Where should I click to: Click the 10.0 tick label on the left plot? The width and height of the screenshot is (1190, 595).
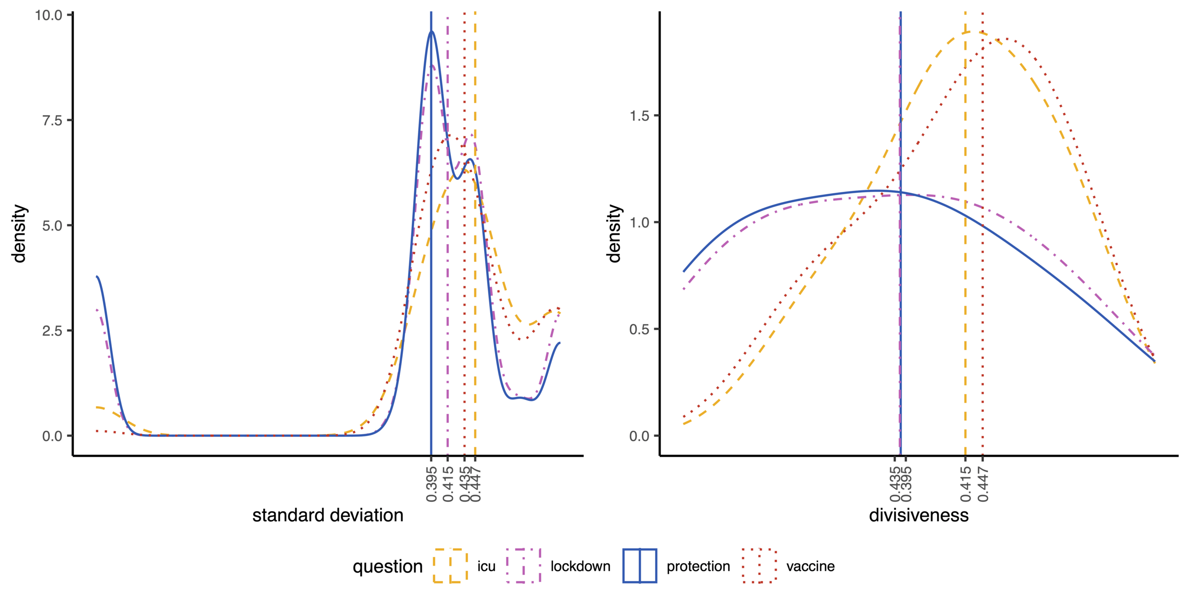(49, 15)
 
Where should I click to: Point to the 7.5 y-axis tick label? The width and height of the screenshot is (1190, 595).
(52, 120)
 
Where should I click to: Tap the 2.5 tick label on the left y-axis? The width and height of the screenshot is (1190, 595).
(52, 331)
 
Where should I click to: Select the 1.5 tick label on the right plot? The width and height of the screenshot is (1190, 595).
(640, 116)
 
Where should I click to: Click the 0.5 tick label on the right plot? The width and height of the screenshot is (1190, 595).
(640, 329)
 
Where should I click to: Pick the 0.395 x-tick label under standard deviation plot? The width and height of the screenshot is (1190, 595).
(432, 485)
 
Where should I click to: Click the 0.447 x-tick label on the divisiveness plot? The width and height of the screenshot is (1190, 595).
(983, 485)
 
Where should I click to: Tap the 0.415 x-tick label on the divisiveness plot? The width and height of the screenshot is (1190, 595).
(965, 485)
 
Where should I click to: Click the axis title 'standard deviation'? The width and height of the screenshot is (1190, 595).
(327, 516)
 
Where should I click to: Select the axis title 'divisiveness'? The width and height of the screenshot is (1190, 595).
(919, 516)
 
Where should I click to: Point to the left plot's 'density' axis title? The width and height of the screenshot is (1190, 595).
(19, 233)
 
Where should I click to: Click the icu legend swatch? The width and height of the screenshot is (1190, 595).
(450, 566)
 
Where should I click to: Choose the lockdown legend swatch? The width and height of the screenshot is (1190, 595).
(524, 566)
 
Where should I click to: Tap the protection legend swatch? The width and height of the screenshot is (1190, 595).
(640, 566)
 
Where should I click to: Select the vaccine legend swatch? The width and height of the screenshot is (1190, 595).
(759, 566)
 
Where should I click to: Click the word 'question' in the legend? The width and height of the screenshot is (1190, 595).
(387, 566)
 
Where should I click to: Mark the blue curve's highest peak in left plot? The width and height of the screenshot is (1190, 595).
(432, 31)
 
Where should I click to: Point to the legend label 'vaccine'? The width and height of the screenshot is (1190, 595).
(810, 566)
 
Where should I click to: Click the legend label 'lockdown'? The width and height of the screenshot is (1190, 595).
(580, 566)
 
